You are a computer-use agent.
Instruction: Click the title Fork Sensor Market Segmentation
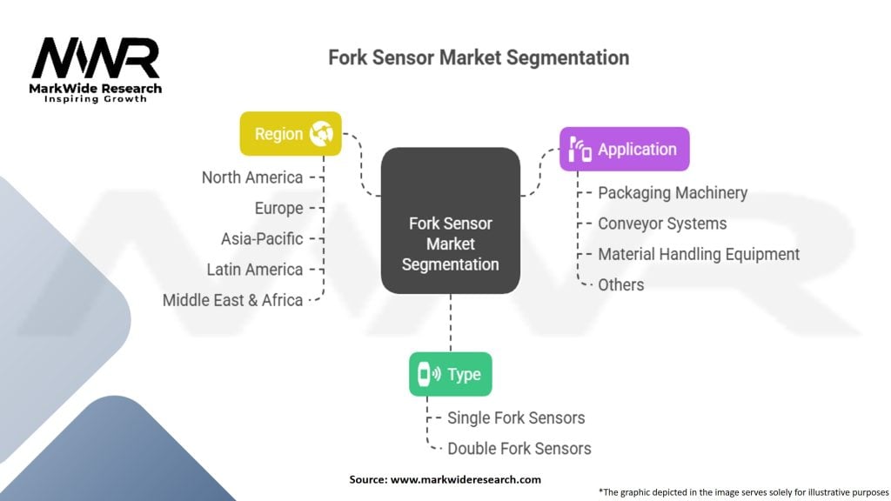pos(478,58)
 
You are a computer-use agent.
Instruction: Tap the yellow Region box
pos(291,134)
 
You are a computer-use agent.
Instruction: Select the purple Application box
pos(624,149)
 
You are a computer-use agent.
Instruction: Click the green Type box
pos(450,374)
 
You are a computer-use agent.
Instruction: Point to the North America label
pos(252,177)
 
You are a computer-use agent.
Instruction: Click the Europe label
pos(278,208)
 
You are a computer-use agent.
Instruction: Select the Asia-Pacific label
pos(262,238)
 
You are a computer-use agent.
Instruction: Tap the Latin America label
pos(255,270)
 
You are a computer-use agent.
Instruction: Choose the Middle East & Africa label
pos(232,300)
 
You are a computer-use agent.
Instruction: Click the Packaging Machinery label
pos(672,193)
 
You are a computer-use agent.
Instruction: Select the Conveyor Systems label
pos(661,224)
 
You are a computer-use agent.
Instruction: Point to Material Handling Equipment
pos(698,254)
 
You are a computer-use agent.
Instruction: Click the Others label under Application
pos(620,284)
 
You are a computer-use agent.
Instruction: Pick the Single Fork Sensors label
pos(516,418)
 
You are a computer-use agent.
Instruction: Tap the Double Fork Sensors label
pos(519,449)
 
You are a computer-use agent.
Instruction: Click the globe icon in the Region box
pos(323,134)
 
